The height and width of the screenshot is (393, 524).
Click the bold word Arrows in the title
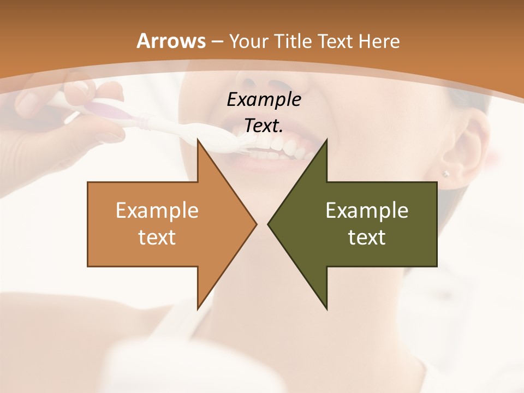(171, 41)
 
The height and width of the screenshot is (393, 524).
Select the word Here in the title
(379, 41)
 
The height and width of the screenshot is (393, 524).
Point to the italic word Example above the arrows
(264, 99)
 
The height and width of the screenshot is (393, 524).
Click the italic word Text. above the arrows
(264, 126)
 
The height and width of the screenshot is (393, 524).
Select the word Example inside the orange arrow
(157, 210)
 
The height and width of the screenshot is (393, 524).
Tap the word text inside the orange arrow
(157, 237)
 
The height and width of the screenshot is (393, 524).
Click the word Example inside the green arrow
(367, 210)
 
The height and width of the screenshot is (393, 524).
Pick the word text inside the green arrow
(367, 237)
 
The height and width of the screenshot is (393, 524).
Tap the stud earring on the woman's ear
(446, 174)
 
